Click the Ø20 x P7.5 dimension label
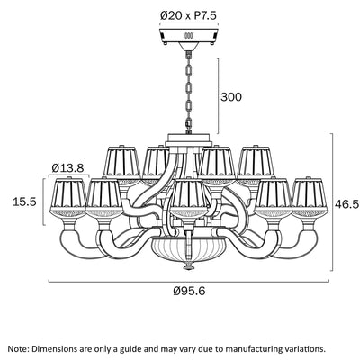pos(188,15)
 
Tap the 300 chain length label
pos(231,97)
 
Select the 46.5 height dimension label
pos(347,204)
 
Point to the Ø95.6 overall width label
pos(189,291)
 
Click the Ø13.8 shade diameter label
pos(67,167)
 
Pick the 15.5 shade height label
pos(24,202)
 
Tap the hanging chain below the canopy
pos(189,93)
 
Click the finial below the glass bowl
pos(188,265)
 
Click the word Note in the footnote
pos(18,349)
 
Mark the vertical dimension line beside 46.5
pos(332,202)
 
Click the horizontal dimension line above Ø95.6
pos(189,282)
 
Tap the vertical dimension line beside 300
pos(218,95)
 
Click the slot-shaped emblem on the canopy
pos(188,35)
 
